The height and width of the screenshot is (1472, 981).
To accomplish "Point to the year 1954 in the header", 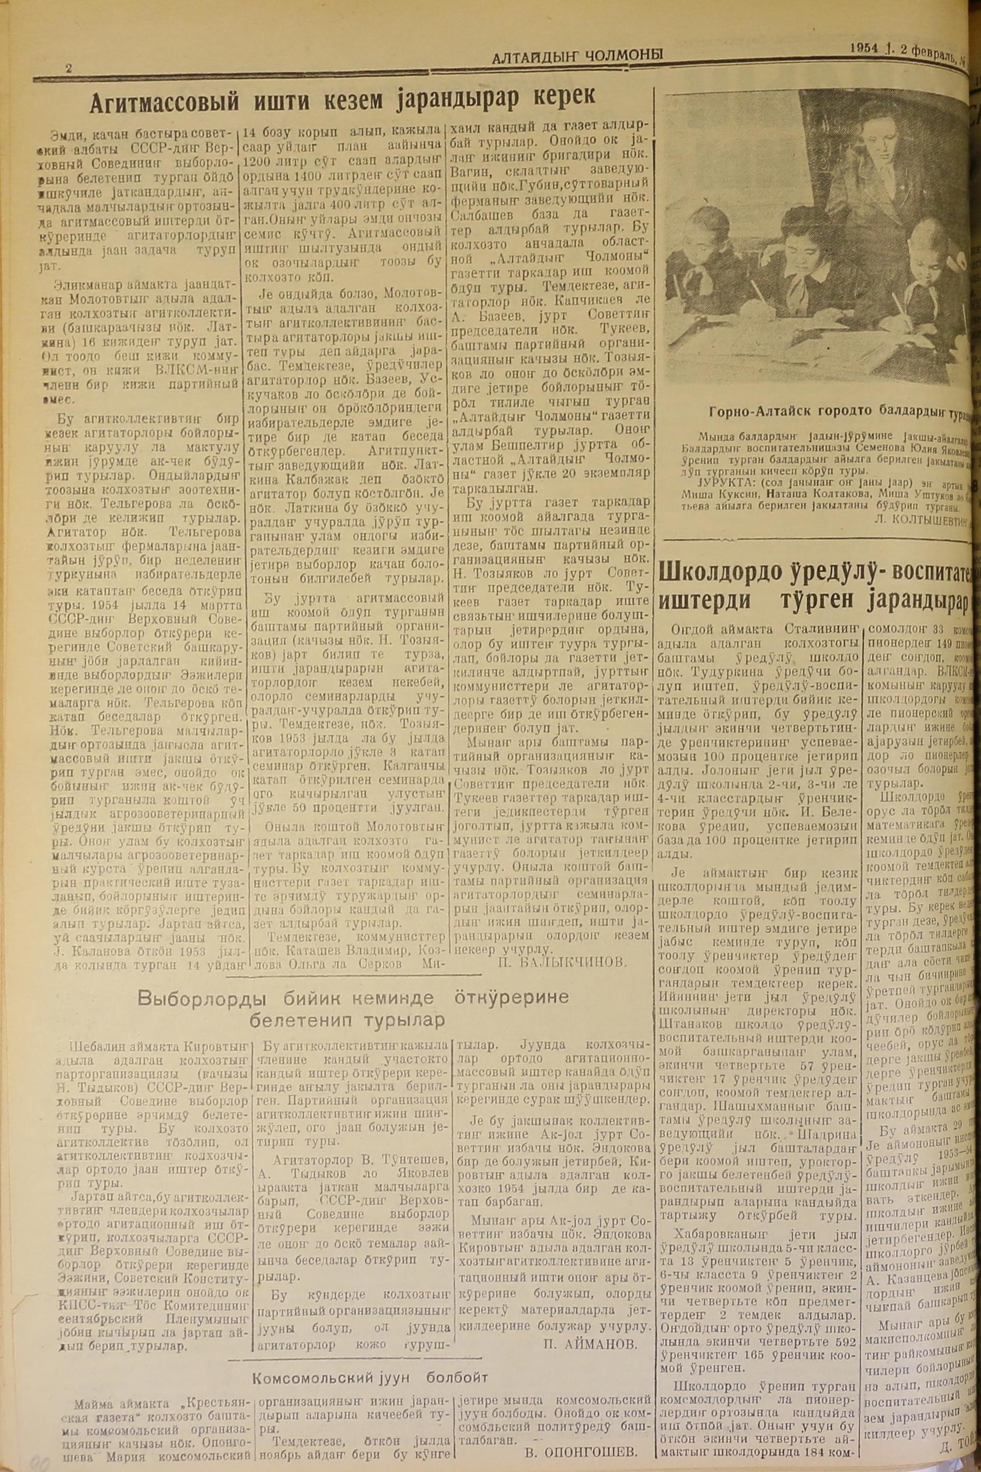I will pos(865,48).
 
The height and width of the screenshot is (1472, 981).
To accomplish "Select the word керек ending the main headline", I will pos(561,97).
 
